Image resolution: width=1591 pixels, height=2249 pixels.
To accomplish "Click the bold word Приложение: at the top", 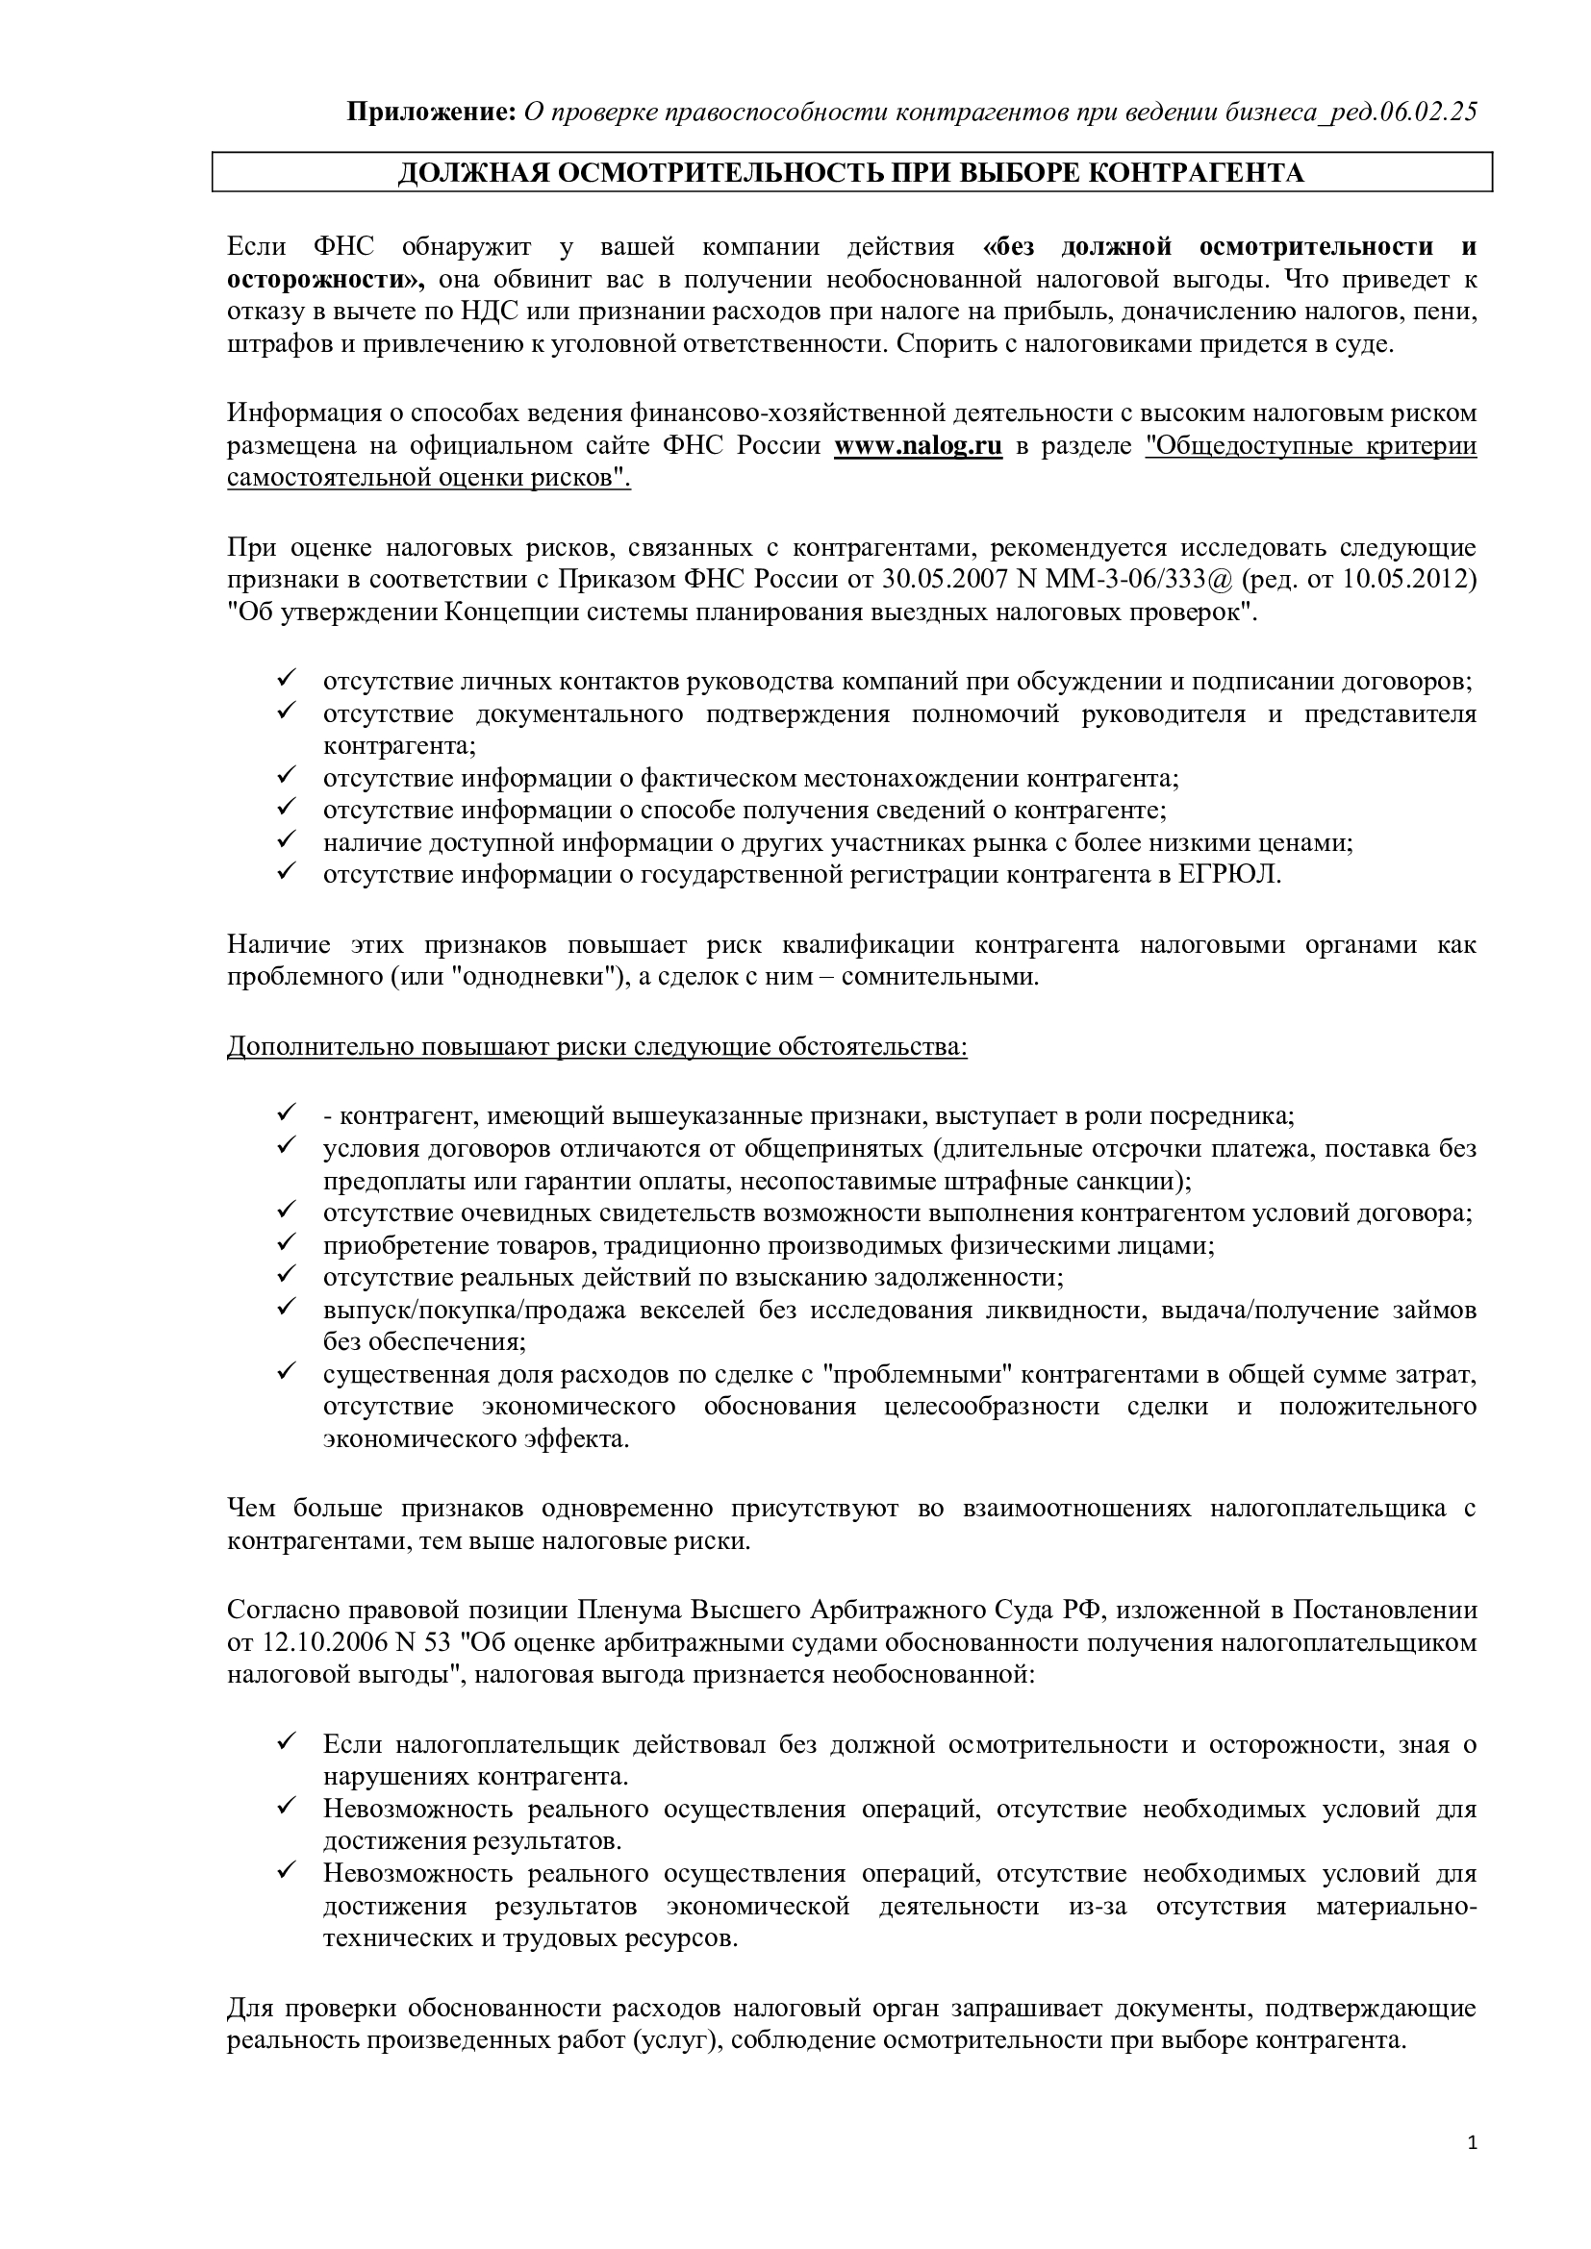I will [x=432, y=112].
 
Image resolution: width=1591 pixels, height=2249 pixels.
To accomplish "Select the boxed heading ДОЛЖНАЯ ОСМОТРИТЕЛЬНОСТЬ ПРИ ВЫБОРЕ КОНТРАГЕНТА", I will [x=850, y=173].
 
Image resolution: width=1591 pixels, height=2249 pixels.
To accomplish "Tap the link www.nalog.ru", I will [x=918, y=447].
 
